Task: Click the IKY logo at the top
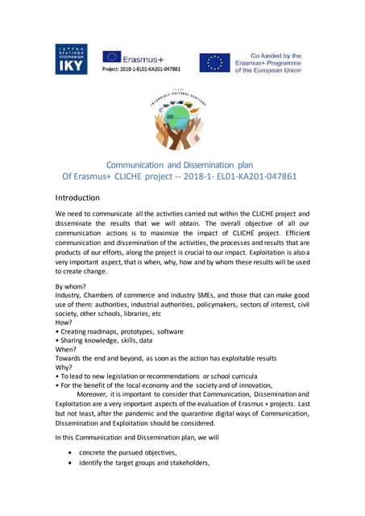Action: (x=71, y=60)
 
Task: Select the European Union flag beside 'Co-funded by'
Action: (x=214, y=62)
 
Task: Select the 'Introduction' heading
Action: (x=77, y=198)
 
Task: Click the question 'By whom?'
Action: (x=70, y=286)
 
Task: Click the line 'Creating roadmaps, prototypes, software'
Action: (x=121, y=331)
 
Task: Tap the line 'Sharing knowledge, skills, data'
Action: (x=107, y=342)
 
